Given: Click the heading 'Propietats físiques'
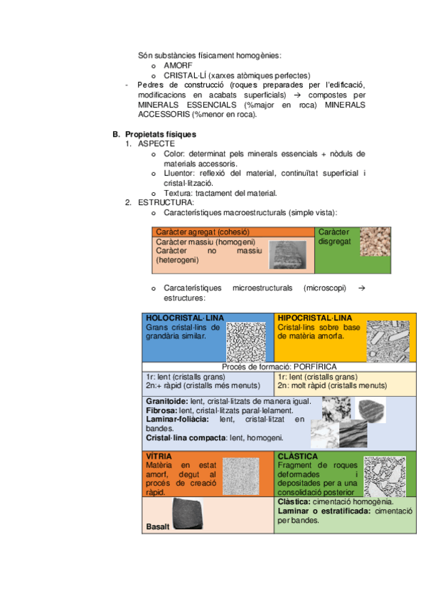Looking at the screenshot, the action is (161, 135).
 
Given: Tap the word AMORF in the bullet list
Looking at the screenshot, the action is (178, 66).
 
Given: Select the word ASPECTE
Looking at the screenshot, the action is (156, 144).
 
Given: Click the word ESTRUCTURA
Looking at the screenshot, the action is (165, 202).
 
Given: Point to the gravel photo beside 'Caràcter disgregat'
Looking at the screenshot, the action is (376, 242).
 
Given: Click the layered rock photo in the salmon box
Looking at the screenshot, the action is (287, 254).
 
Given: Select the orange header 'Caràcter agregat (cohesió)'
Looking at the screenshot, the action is (203, 232).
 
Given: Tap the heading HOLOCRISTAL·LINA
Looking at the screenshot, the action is (184, 318).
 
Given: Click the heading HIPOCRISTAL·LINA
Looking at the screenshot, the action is (315, 318).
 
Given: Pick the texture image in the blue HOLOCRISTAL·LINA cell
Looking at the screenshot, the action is (246, 342).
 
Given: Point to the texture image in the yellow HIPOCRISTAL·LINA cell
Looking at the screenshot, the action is (388, 341).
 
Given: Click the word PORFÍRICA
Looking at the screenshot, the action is (315, 367).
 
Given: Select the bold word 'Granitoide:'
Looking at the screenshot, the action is (167, 402).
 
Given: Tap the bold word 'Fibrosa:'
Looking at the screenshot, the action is (161, 411).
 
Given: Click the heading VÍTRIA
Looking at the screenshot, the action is (159, 457).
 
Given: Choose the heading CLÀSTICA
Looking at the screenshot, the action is (297, 457).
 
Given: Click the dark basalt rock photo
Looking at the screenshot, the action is (188, 514).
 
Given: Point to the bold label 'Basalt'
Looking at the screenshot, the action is (158, 526).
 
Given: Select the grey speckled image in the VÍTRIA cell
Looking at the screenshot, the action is (241, 477).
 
